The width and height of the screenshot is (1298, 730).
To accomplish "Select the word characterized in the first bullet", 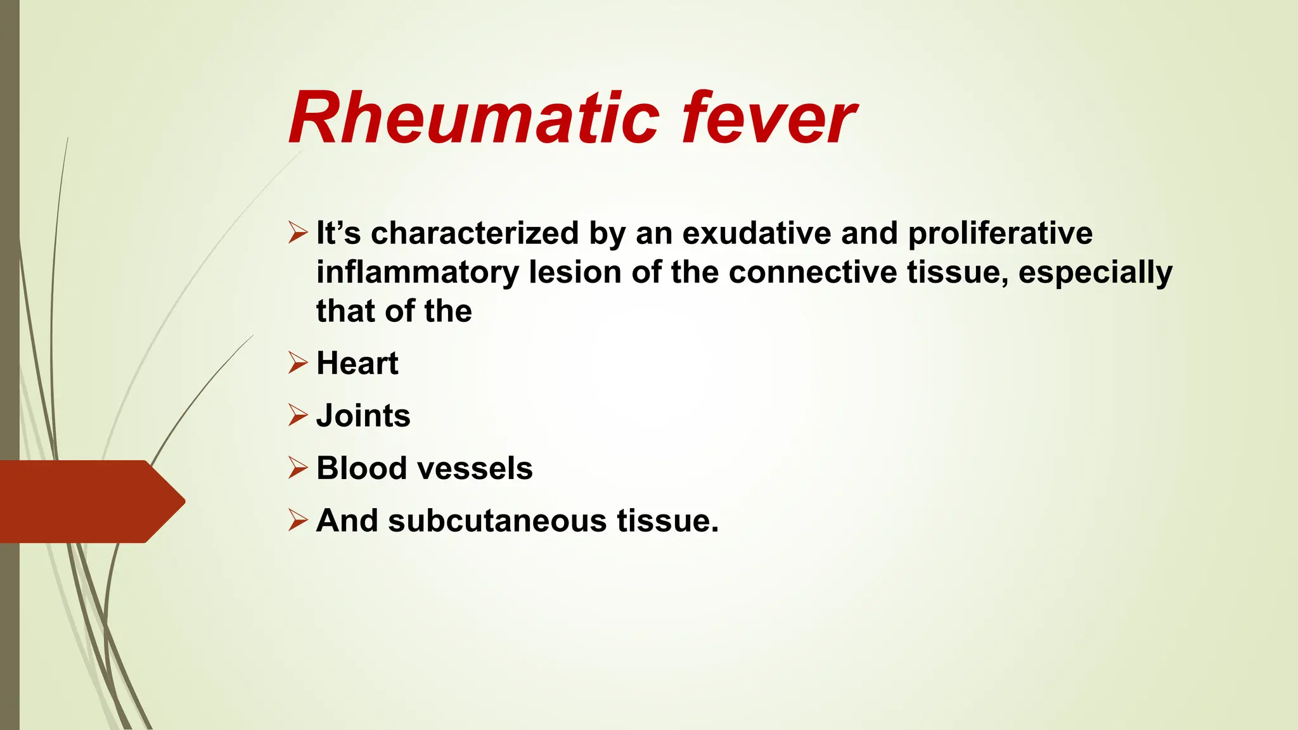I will (475, 233).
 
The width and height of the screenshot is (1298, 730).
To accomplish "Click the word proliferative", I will (1000, 233).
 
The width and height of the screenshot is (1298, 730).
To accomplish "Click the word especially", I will (1095, 272).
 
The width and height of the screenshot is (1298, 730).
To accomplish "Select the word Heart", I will (357, 364).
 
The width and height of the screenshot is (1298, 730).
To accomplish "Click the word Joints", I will (363, 416).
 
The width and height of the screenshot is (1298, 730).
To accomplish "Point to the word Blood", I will (361, 469).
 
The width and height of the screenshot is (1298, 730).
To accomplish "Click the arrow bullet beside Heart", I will (297, 363).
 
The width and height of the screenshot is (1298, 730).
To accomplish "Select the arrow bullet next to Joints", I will (297, 416).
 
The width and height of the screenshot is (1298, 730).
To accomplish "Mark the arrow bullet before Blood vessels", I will (297, 468).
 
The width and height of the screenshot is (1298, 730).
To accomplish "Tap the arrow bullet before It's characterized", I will (297, 233).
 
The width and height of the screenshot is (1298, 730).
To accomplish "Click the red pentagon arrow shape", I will (89, 501).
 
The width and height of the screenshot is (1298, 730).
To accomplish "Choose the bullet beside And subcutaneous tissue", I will (297, 520).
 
